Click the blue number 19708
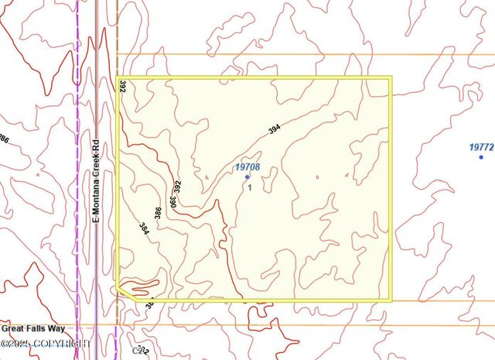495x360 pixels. pyautogui.click(x=247, y=166)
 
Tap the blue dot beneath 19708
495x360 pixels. pyautogui.click(x=247, y=177)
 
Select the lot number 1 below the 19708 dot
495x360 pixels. pyautogui.click(x=250, y=187)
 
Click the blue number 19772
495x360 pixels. pyautogui.click(x=481, y=146)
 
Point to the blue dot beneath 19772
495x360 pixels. pyautogui.click(x=481, y=157)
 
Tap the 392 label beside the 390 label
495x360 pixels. pyautogui.click(x=178, y=187)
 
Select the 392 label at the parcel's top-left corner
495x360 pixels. pyautogui.click(x=122, y=86)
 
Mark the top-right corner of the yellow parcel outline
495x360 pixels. pyautogui.click(x=391, y=78)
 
